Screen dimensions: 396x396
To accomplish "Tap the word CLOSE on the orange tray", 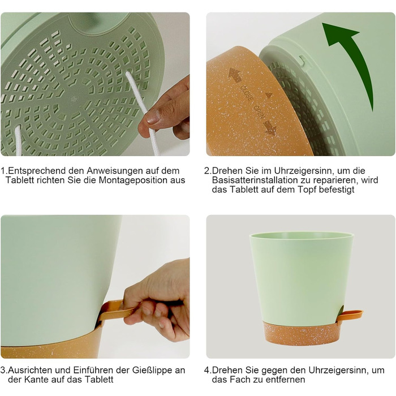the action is tap(246, 93).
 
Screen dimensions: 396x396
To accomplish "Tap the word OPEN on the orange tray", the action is tap(259, 111).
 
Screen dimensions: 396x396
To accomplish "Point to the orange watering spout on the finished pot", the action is tap(351, 315).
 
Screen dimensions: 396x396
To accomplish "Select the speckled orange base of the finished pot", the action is tap(300, 333).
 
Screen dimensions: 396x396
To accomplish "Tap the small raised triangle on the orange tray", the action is tap(269, 95).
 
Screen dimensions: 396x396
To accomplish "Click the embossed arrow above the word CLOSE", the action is tap(235, 75).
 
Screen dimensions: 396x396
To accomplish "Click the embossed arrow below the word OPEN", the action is tap(269, 127).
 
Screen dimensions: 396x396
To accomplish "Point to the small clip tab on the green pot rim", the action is tap(303, 61).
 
